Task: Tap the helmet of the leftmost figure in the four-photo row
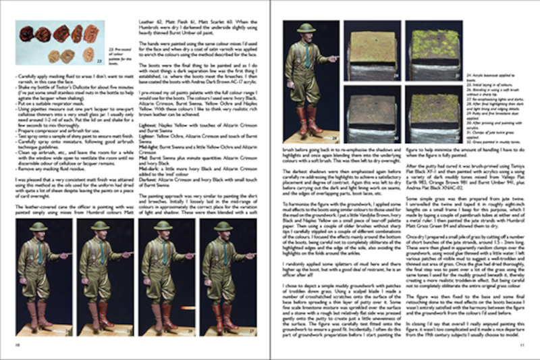(x=39, y=226)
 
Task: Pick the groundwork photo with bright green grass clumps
(x=434, y=51)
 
